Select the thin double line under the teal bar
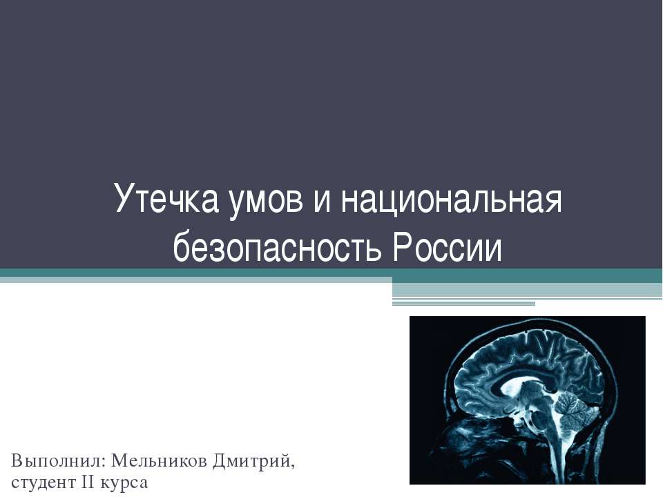[x=463, y=303]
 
